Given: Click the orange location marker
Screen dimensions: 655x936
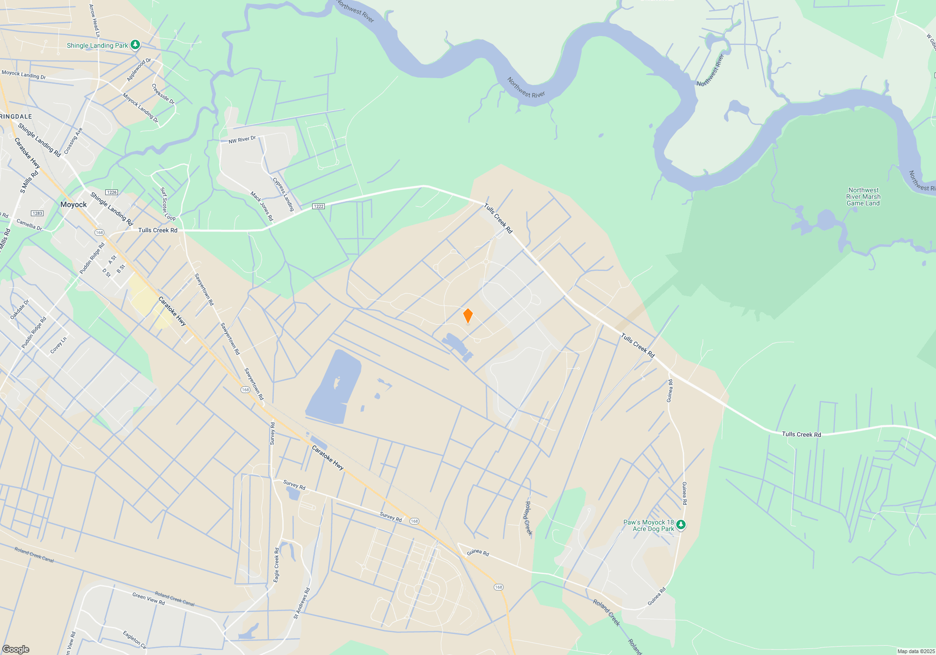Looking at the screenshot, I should (x=468, y=316).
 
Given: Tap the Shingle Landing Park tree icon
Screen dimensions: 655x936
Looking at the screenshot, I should (x=135, y=45).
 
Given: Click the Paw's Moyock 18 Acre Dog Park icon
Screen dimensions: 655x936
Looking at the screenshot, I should (x=681, y=525).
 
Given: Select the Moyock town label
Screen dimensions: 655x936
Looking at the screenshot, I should (x=73, y=204).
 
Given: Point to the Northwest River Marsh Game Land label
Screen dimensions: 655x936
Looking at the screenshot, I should (x=863, y=196).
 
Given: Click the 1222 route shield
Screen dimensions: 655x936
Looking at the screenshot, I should (x=319, y=206).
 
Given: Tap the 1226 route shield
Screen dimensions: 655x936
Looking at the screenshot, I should (x=111, y=192).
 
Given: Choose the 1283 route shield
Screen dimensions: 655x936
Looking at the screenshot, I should (x=37, y=213).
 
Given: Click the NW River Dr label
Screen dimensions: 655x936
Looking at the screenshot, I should (x=242, y=140).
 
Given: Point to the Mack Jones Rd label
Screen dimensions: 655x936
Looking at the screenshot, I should (x=262, y=206).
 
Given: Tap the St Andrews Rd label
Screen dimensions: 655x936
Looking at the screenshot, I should (x=302, y=604).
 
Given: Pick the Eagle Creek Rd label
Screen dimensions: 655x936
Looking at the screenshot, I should (x=277, y=565).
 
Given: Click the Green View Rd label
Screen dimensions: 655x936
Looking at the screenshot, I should (x=148, y=599).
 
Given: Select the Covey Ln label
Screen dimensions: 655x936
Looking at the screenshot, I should (x=58, y=345).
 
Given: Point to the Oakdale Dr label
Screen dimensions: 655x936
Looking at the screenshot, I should (x=20, y=309).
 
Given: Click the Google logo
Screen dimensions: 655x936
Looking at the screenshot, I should (x=16, y=649).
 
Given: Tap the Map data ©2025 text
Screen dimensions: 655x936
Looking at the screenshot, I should (x=916, y=651).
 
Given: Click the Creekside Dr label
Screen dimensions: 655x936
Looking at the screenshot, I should (x=163, y=94).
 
